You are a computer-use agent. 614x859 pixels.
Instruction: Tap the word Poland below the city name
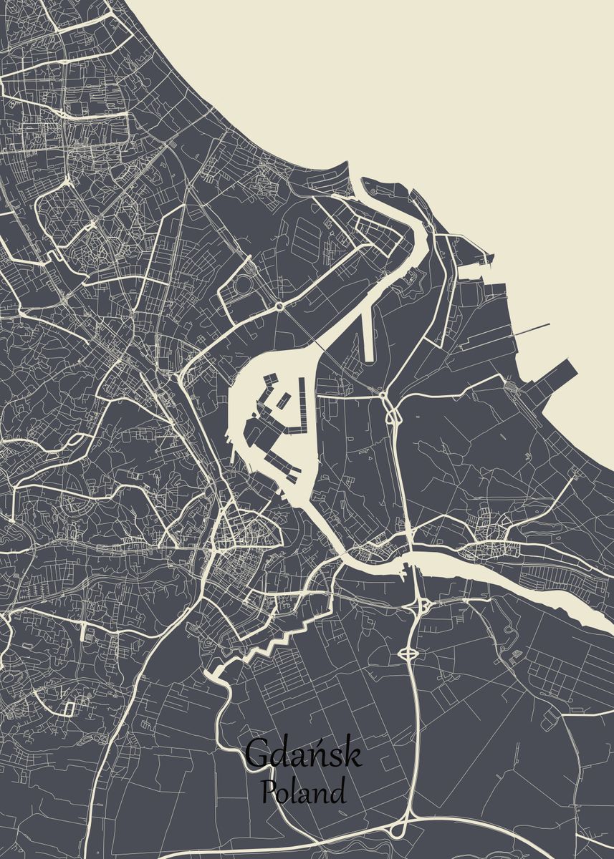[x=303, y=792]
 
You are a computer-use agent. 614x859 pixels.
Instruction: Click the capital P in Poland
[x=269, y=792]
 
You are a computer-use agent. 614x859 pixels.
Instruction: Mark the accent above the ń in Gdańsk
[x=313, y=740]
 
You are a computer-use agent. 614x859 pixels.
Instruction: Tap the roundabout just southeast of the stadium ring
[x=278, y=306]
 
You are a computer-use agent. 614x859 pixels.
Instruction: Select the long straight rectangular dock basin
[x=370, y=329]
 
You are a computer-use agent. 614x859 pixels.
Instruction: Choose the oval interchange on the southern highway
[x=408, y=653]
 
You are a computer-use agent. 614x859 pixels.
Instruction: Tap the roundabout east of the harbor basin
[x=383, y=394]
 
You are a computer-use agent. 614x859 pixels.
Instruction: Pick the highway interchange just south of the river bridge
[x=423, y=606]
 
